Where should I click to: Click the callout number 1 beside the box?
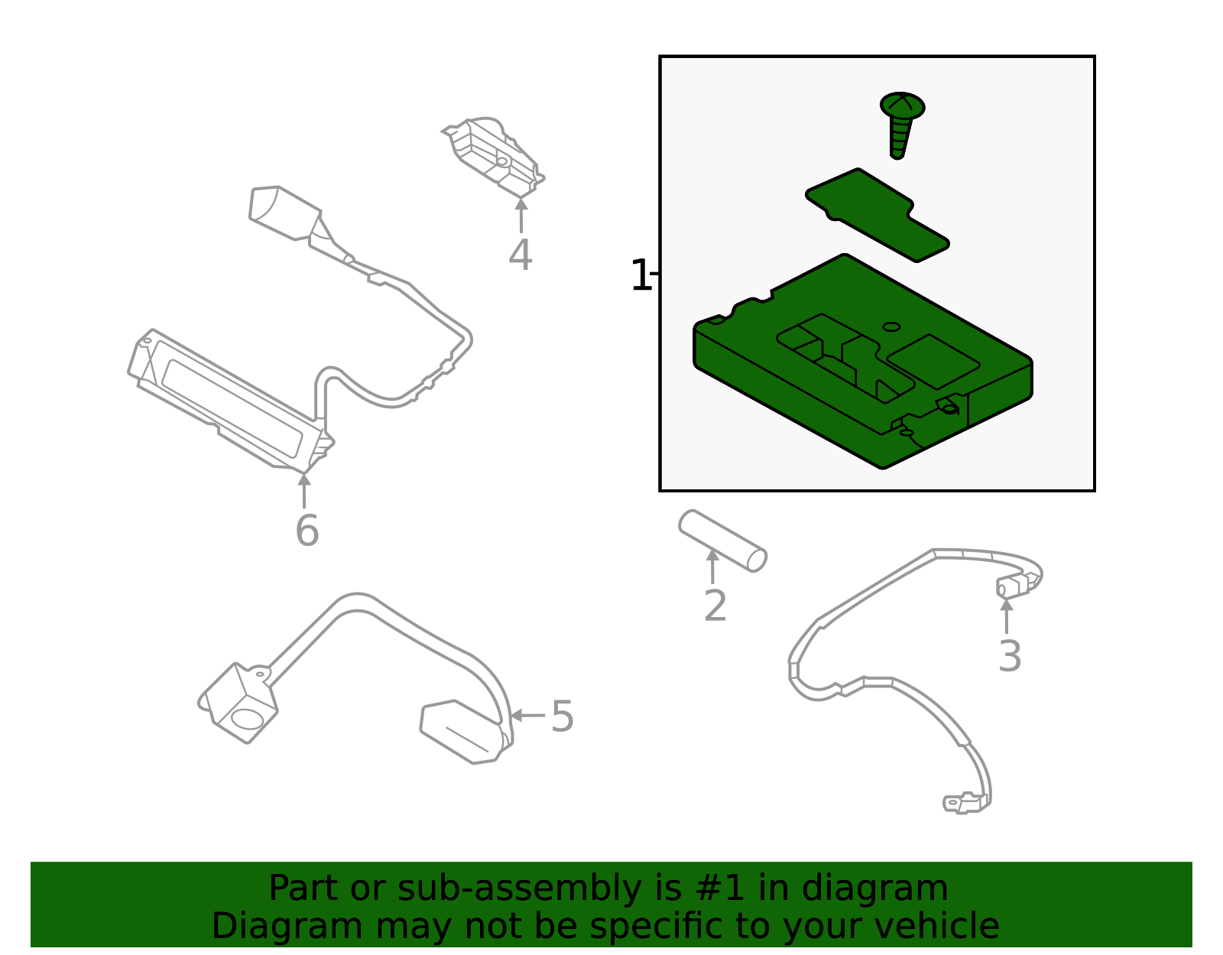641,275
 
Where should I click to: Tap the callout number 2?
715,606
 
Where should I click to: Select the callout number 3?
1010,656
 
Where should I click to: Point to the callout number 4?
520,255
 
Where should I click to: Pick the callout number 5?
562,716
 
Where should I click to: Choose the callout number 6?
307,530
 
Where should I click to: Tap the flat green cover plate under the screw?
878,214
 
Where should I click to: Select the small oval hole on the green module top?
891,327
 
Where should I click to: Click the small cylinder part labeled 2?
722,541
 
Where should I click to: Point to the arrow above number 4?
521,215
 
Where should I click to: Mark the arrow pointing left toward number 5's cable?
527,716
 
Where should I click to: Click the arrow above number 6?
304,491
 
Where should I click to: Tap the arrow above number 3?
1007,617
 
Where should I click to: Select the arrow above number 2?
712,567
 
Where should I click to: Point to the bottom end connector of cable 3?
966,803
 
